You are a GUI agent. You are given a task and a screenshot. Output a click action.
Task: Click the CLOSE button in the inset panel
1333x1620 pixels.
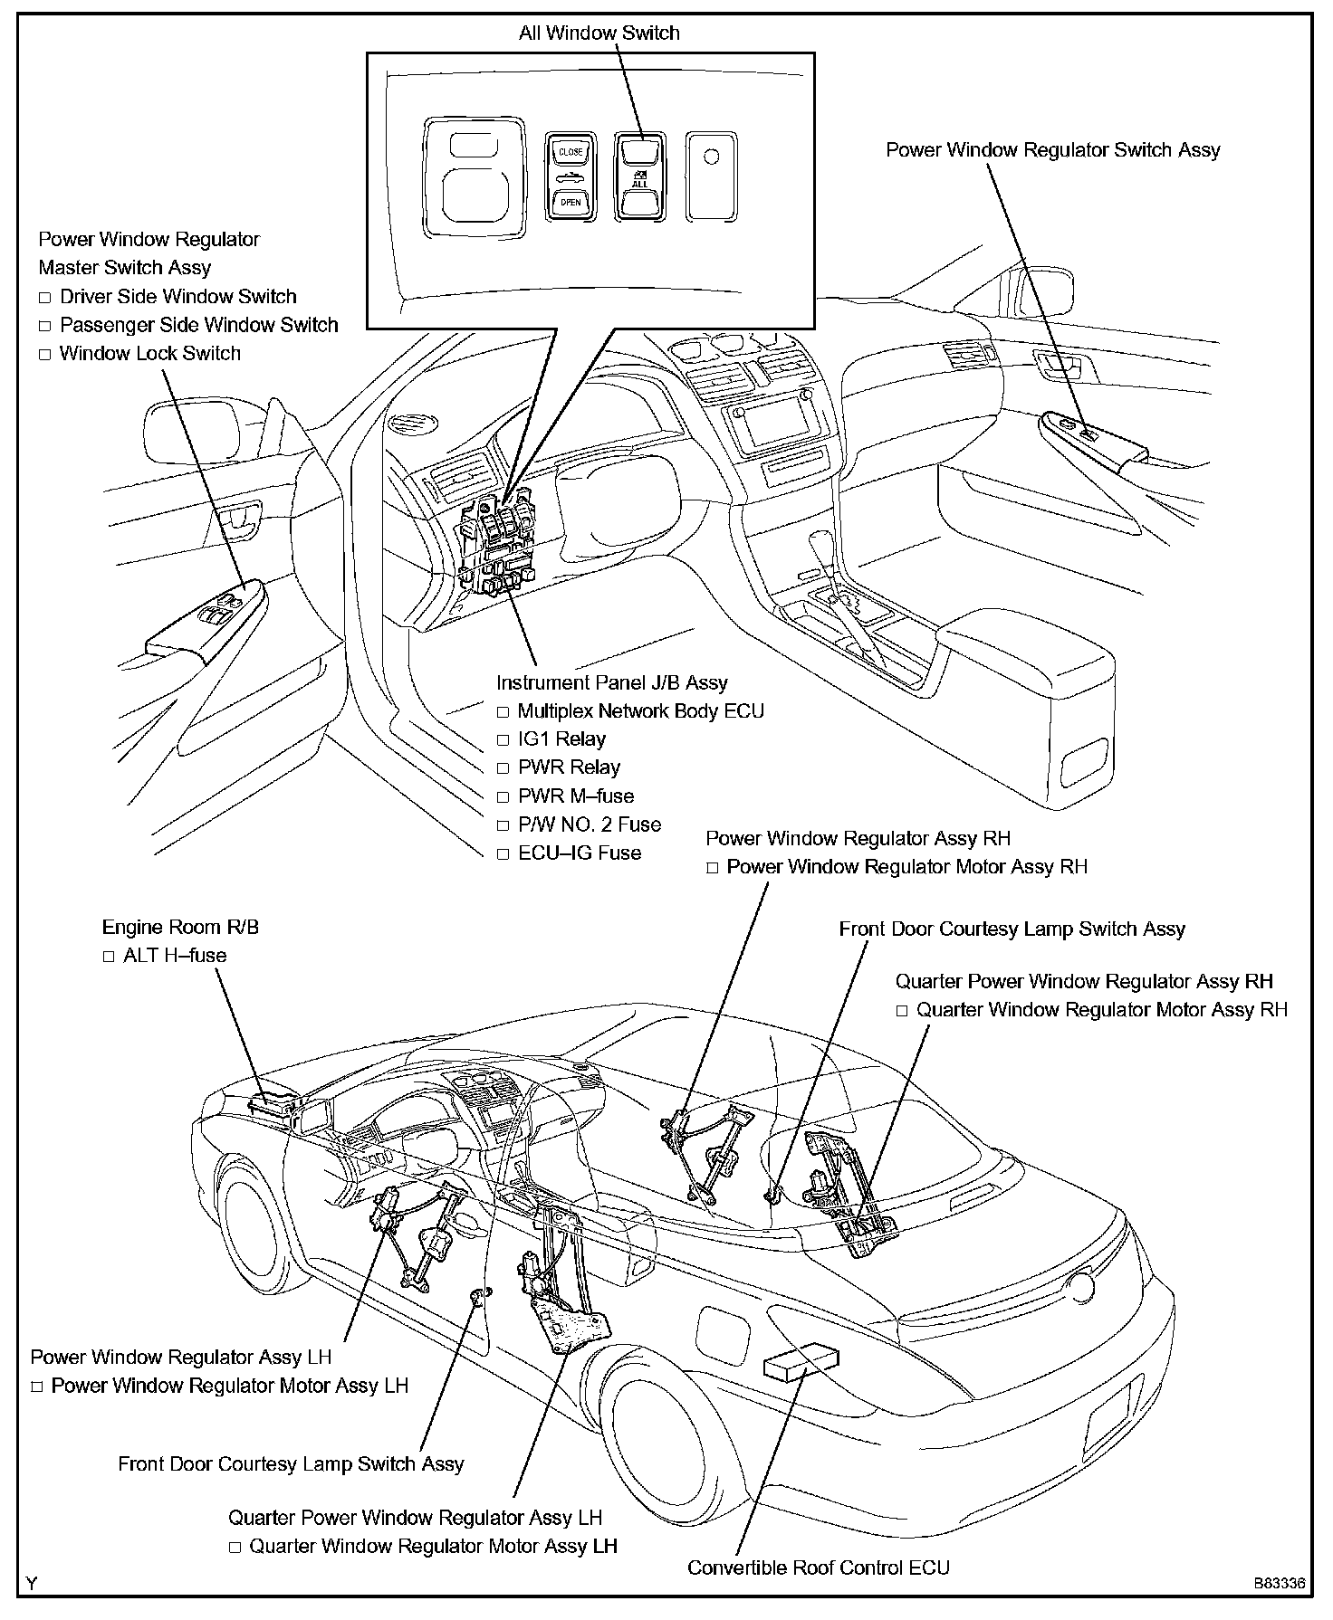[571, 151]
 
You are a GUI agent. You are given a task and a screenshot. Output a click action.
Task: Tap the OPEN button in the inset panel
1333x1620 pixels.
[571, 202]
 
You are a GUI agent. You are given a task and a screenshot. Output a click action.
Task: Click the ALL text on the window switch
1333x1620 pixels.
[639, 184]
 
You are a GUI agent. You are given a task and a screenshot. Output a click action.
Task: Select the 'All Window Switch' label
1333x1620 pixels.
[599, 33]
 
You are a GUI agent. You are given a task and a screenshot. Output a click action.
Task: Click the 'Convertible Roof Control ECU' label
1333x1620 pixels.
[819, 1567]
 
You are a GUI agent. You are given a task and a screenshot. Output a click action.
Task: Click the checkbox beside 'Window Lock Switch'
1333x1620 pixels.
[44, 355]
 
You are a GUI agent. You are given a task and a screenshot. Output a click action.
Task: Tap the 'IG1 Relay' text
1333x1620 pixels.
[561, 739]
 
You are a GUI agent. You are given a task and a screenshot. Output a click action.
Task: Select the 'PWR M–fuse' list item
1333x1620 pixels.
[576, 796]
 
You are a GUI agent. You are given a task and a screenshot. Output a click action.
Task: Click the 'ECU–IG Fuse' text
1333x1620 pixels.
[580, 853]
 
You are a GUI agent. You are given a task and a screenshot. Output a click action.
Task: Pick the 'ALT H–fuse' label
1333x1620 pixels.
[175, 956]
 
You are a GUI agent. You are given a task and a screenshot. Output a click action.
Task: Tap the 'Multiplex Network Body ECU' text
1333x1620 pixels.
[641, 711]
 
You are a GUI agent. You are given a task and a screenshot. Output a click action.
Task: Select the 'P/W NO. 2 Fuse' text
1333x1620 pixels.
[590, 824]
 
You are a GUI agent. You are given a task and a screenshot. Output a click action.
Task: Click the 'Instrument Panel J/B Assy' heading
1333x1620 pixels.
[611, 682]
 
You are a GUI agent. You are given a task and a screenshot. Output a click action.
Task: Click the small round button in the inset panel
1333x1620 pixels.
[711, 157]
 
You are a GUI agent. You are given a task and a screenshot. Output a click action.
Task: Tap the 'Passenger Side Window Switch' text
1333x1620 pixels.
[198, 325]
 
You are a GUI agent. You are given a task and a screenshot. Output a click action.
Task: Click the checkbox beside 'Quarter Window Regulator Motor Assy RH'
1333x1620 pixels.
[902, 1011]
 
